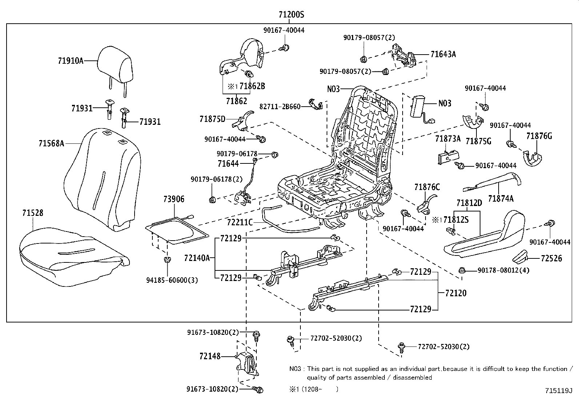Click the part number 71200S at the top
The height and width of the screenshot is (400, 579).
[x=291, y=15]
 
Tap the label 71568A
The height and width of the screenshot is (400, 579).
[x=51, y=143]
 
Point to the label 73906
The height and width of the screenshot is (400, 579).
[x=174, y=199]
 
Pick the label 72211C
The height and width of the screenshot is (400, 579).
[x=240, y=222]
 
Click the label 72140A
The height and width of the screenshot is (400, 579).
[x=197, y=258]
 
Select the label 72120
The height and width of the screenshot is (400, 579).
[x=456, y=293]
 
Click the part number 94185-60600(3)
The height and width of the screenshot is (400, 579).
[x=172, y=280]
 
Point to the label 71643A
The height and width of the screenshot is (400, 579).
[x=443, y=54]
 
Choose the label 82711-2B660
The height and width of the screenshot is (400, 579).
[x=280, y=107]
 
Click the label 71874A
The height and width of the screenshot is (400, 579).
[x=501, y=199]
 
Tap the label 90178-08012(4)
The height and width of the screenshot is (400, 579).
[x=503, y=270]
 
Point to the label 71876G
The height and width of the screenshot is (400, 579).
[x=539, y=136]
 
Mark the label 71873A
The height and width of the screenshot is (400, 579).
[x=448, y=139]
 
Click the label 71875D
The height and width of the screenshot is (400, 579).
[x=212, y=119]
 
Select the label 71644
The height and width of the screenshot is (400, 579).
[x=228, y=163]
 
